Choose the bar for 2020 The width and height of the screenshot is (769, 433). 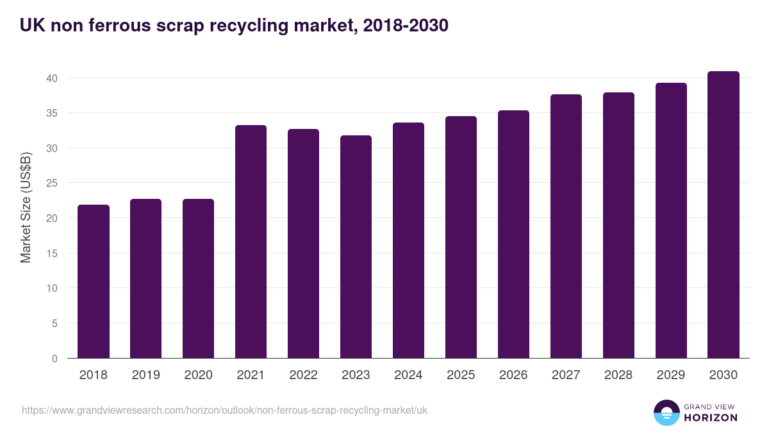[198, 278]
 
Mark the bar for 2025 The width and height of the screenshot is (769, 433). [461, 237]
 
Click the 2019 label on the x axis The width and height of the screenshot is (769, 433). [146, 375]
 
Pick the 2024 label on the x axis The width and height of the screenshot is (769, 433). [408, 375]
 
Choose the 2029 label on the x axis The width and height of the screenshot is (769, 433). [671, 375]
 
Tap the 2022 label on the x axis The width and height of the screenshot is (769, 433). [303, 375]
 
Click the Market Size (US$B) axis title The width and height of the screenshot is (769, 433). [26, 207]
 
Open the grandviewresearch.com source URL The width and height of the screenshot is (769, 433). [224, 410]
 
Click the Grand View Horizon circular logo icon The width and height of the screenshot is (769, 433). [666, 412]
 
